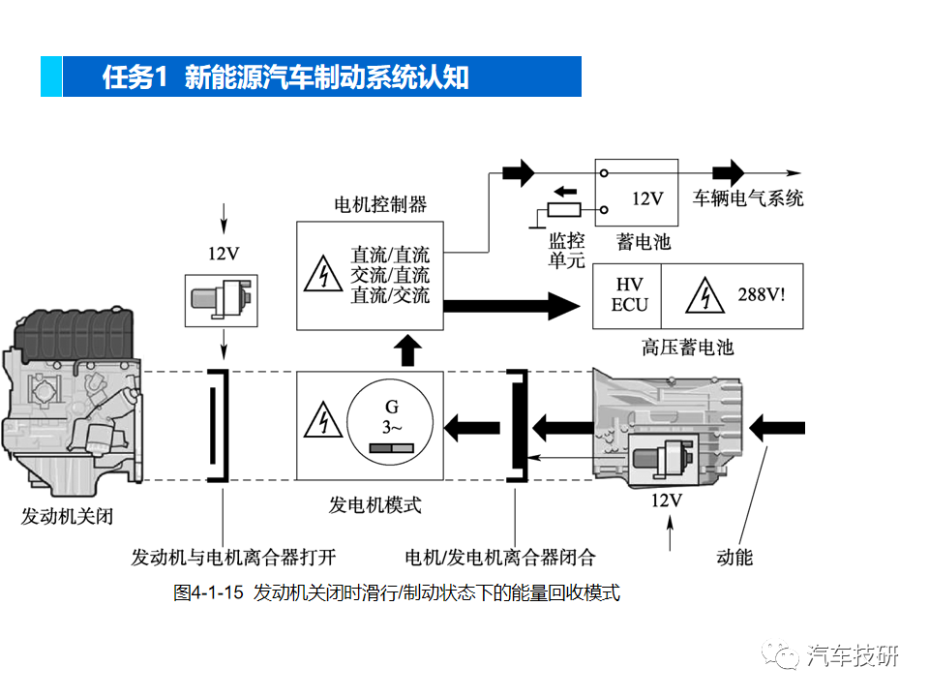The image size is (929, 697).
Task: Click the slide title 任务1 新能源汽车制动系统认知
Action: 286,77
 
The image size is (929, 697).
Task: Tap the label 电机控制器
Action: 380,205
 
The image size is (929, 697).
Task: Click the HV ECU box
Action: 630,295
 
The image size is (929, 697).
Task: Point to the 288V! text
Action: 763,294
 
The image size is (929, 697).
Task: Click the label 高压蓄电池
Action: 687,347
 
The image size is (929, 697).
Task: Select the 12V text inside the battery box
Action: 647,198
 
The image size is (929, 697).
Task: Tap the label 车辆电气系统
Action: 748,198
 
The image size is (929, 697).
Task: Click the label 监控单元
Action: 567,251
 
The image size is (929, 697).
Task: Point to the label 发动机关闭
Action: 67,516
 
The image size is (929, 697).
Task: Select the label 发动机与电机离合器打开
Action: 233,557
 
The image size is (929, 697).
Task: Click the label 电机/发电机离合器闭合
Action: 500,557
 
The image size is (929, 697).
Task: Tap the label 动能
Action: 734,557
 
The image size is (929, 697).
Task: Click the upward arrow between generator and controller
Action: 410,350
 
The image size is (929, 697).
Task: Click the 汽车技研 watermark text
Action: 853,655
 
